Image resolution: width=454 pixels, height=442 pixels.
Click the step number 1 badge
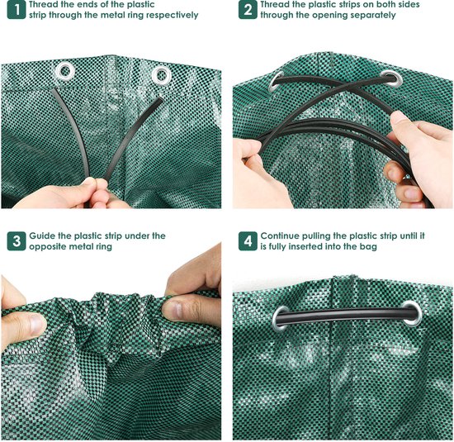(17, 10)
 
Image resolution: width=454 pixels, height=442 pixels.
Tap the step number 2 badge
(248, 10)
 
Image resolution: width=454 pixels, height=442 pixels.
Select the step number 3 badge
(17, 241)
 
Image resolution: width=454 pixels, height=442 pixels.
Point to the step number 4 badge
(248, 241)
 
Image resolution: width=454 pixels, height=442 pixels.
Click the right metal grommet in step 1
(162, 76)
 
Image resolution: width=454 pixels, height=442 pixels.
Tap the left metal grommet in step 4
(281, 318)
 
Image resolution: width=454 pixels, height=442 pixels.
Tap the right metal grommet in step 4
(411, 314)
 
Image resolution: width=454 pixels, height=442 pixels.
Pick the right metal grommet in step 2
(391, 78)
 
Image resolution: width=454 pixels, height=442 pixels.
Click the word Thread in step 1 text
(43, 5)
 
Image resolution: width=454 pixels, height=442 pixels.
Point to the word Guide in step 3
(42, 236)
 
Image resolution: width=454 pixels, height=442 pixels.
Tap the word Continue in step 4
(280, 236)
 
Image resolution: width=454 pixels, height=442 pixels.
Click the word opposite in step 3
(48, 247)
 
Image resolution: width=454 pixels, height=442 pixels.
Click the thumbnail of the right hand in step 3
(174, 310)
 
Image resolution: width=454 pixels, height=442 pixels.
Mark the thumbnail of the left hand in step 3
(38, 325)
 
